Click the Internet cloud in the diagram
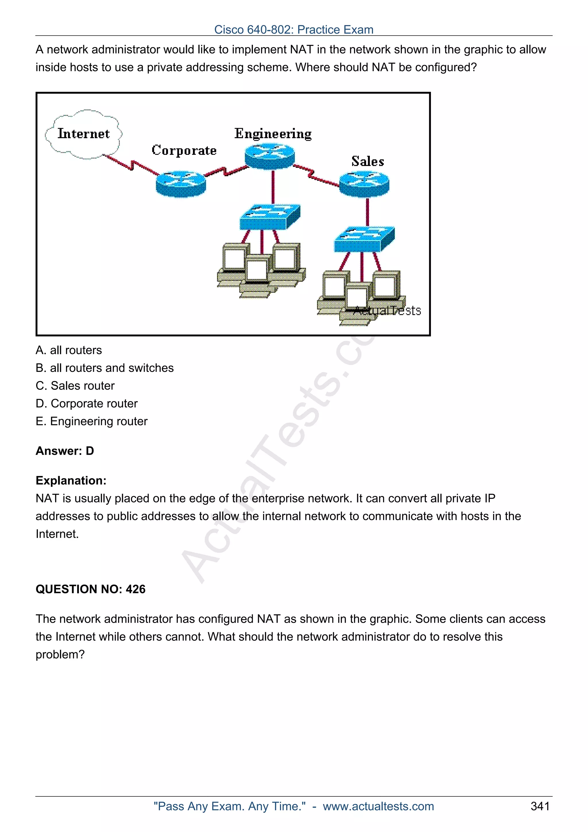83,134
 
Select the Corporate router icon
181,184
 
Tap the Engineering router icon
270,156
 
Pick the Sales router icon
364,184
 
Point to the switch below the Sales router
364,239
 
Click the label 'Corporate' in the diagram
184,150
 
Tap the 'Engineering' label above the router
273,134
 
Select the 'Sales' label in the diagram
367,161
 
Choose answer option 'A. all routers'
69,350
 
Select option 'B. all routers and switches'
105,368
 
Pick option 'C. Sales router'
75,386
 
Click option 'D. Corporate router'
87,403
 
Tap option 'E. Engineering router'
92,421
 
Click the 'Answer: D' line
65,451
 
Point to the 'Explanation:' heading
71,481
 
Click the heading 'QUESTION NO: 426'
90,589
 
